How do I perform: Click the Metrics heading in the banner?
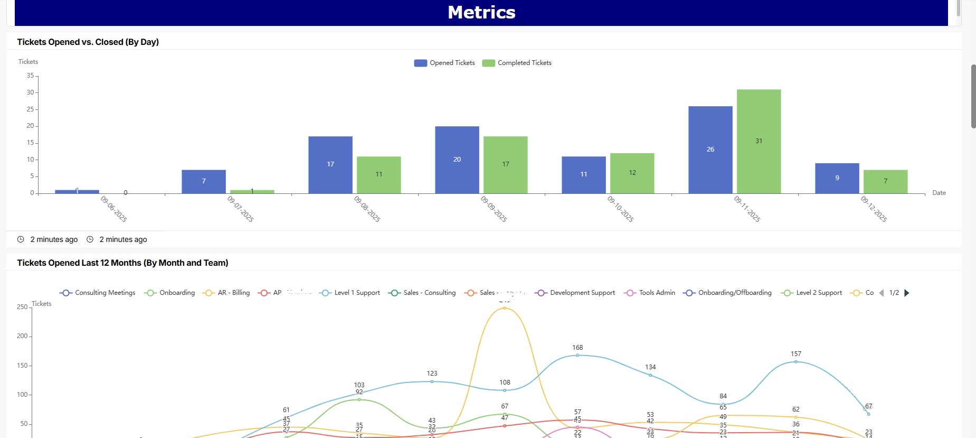tap(481, 12)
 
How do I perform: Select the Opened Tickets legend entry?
tap(445, 63)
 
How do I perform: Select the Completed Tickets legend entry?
tap(517, 63)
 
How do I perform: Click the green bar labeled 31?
tap(759, 141)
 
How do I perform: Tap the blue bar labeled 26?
tap(710, 150)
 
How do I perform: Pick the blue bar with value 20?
tap(457, 160)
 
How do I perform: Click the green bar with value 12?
tap(632, 173)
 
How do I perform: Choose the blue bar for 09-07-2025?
tap(203, 181)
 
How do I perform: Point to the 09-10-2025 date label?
tap(620, 209)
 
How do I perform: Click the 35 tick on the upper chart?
tap(30, 76)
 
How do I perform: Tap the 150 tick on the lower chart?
tap(22, 365)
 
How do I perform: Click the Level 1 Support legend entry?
tap(350, 293)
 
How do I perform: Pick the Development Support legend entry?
tap(575, 293)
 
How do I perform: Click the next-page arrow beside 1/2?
tap(907, 293)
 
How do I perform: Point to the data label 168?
tap(577, 348)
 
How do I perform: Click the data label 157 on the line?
tap(796, 354)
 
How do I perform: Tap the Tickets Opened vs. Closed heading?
tap(88, 42)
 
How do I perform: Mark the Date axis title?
tap(939, 193)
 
